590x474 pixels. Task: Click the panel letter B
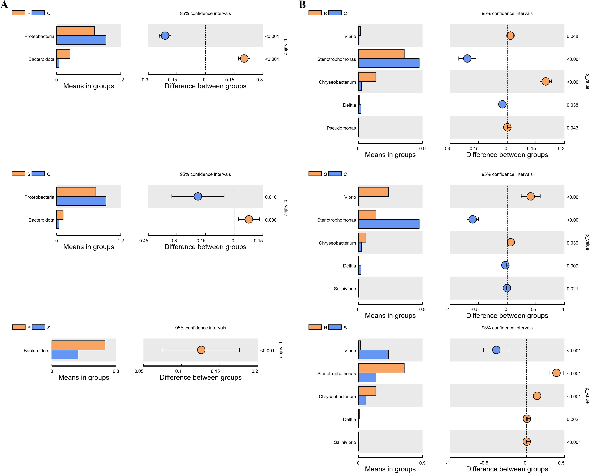click(x=302, y=5)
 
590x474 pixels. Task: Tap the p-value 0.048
click(x=572, y=36)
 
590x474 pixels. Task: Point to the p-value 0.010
click(x=271, y=197)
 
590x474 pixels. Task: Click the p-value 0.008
click(x=271, y=220)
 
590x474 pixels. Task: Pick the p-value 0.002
click(x=572, y=419)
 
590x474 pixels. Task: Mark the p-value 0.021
click(x=572, y=289)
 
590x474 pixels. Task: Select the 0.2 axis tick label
click(x=255, y=371)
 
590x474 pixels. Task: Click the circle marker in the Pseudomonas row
click(x=507, y=127)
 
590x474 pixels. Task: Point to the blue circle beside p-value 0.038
click(x=502, y=104)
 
